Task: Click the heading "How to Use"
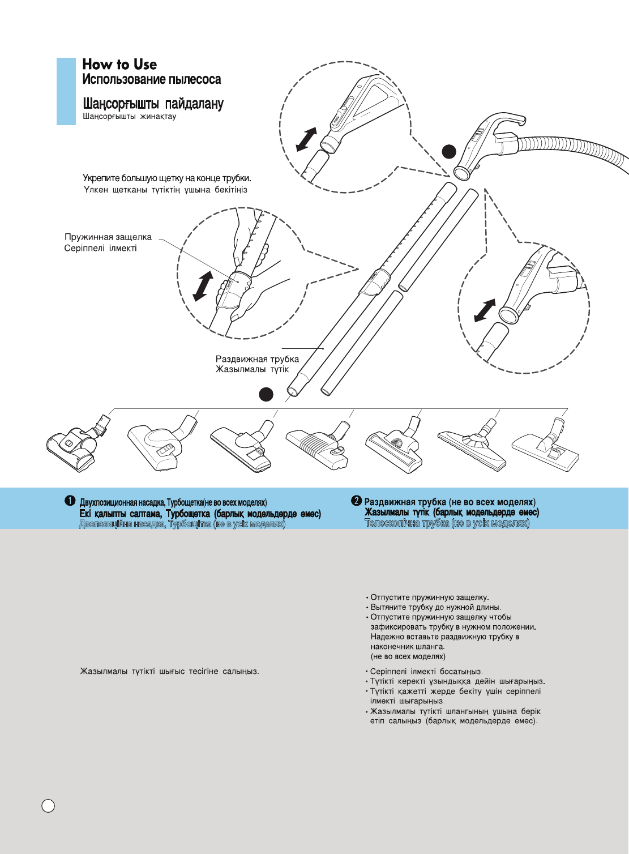point(119,65)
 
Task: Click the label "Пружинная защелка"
point(108,237)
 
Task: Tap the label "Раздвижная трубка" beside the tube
point(257,359)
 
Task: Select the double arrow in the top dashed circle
point(306,139)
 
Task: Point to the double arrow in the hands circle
point(203,286)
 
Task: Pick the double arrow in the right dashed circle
point(485,310)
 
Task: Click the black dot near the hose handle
point(449,151)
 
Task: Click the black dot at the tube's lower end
point(266,394)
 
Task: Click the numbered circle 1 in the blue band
point(70,501)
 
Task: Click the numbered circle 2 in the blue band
point(356,501)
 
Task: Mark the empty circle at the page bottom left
point(49,806)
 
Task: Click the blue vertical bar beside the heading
point(66,91)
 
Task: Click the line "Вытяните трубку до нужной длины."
point(435,607)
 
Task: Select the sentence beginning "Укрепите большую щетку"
point(167,178)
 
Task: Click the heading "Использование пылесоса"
point(152,80)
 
